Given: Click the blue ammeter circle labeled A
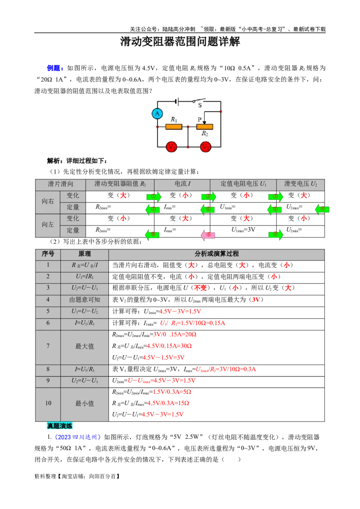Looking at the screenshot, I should click(x=157, y=114).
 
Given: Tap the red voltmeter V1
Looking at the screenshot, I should click(x=171, y=147).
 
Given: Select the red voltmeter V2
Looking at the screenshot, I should click(x=205, y=147).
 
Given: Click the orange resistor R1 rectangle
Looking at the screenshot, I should click(x=174, y=127).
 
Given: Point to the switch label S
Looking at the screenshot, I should click(x=200, y=105).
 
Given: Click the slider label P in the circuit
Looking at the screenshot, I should click(x=199, y=120).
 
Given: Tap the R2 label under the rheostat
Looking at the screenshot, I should click(x=205, y=134).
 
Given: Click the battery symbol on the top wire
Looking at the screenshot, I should click(x=177, y=101).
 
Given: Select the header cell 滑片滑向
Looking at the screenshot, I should click(x=60, y=184).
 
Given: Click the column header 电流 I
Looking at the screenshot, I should click(x=182, y=184).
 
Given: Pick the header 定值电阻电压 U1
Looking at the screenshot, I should click(x=243, y=184).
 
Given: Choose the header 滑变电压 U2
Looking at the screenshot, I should click(x=301, y=184).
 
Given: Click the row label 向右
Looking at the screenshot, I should click(x=48, y=201).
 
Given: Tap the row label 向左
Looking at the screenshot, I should click(x=48, y=224).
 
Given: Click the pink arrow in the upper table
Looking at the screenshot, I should click(x=208, y=235).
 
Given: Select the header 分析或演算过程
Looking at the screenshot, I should click(x=216, y=254).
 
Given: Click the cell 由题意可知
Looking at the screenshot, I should click(x=85, y=300).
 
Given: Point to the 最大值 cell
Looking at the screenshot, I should click(x=85, y=347).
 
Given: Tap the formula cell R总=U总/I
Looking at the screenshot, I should click(x=85, y=265).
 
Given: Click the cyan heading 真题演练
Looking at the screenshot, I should click(x=59, y=426).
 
